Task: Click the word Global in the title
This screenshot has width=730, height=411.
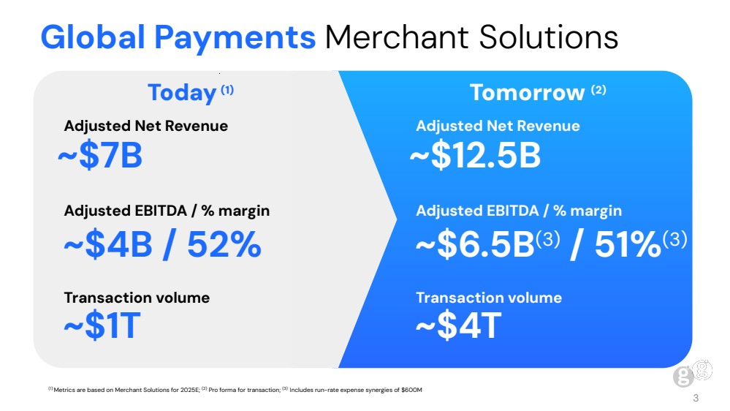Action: (93, 37)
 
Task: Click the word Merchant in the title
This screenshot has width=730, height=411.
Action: (397, 37)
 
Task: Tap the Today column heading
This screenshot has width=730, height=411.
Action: (182, 93)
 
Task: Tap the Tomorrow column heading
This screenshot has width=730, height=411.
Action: (527, 92)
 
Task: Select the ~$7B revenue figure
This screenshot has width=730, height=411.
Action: (100, 155)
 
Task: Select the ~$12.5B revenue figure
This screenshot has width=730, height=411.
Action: (475, 155)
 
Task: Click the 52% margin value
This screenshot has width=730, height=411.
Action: (224, 244)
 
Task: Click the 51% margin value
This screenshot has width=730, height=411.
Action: (628, 244)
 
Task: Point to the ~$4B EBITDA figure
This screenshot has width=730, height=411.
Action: (108, 244)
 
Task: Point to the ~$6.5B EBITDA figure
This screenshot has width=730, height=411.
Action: (475, 244)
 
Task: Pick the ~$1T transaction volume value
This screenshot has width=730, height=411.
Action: (102, 325)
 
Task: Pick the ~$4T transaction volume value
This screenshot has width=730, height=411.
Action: (459, 325)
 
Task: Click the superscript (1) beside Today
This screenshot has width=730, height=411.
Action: (227, 89)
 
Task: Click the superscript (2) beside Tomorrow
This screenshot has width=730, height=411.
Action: (598, 89)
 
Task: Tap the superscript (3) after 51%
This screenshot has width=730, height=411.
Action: (674, 239)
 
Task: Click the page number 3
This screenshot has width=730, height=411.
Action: (696, 398)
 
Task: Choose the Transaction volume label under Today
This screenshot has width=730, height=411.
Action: (137, 298)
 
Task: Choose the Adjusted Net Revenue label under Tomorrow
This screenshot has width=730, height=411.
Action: (498, 126)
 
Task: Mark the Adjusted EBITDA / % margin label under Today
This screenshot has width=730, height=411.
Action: (167, 211)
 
